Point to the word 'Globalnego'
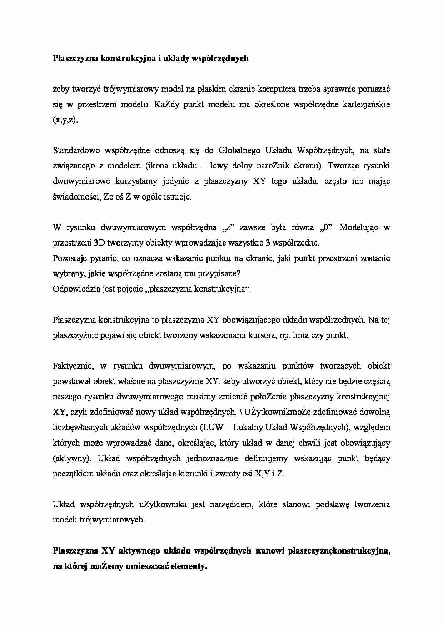(x=239, y=150)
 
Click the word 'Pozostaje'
(x=68, y=258)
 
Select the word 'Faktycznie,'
(x=73, y=366)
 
